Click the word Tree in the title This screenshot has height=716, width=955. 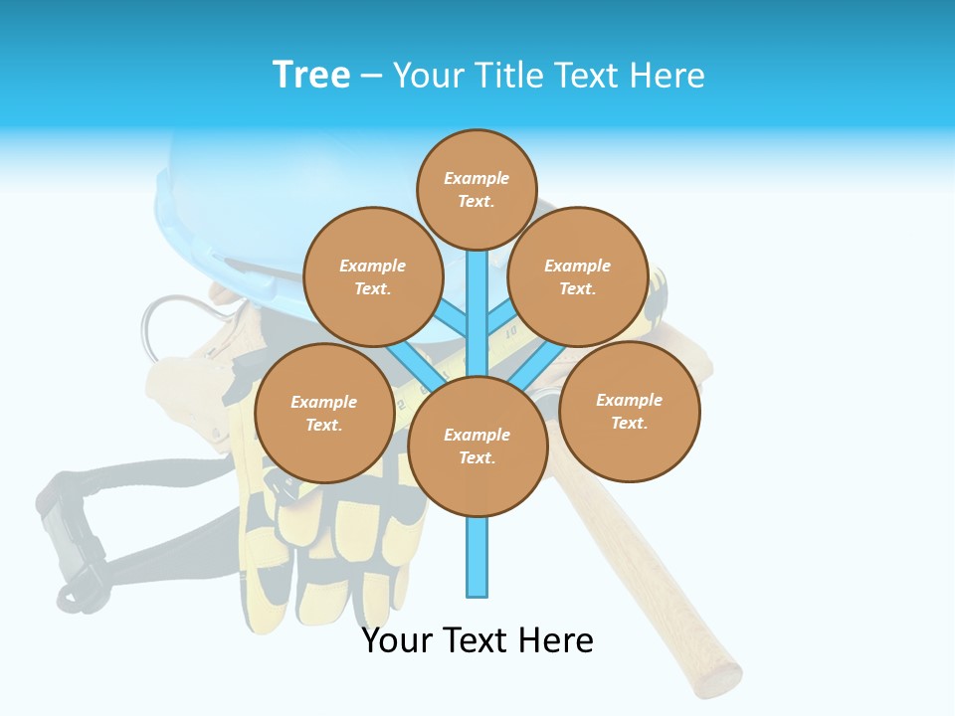point(311,75)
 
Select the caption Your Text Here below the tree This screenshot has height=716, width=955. point(477,640)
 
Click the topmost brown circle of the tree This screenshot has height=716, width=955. point(477,189)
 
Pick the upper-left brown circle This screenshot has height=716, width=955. point(373,276)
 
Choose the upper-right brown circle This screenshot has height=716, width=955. point(577,276)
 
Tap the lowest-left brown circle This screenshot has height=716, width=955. point(323,413)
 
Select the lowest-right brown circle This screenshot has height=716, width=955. point(629,411)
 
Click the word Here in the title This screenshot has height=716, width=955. point(671,76)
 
